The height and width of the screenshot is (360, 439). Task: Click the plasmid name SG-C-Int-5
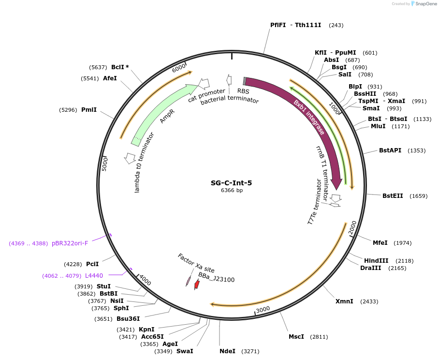[231, 183]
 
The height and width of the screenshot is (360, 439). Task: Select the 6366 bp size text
[232, 191]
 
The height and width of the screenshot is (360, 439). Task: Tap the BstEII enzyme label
[392, 196]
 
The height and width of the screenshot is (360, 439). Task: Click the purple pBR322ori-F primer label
[70, 243]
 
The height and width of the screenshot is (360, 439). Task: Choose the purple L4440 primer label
[93, 276]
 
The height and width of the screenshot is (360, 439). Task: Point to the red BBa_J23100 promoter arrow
[197, 285]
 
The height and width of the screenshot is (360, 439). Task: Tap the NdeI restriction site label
[227, 351]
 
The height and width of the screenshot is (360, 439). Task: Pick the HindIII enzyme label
[376, 261]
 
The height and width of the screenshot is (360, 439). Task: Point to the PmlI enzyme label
[89, 110]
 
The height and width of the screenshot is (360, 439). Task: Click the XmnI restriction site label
[344, 301]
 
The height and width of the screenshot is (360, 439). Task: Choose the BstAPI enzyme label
[390, 150]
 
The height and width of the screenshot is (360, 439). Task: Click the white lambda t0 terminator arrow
[130, 157]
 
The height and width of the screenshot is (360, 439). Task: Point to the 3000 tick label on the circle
[263, 310]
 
